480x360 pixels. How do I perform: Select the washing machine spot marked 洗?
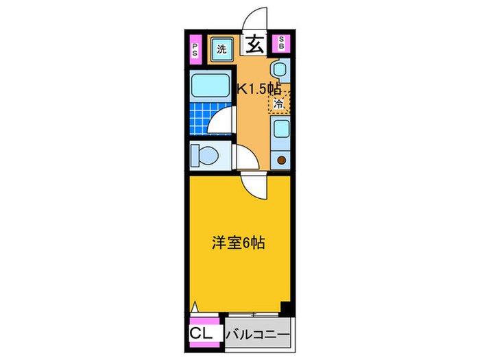pyautogui.click(x=222, y=49)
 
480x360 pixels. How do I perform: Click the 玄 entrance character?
pyautogui.click(x=254, y=46)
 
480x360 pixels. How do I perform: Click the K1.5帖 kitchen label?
pyautogui.click(x=259, y=88)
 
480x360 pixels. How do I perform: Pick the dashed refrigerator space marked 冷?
pyautogui.click(x=279, y=104)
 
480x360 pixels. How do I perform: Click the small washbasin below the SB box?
pyautogui.click(x=279, y=69)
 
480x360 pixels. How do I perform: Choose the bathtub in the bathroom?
pyautogui.click(x=211, y=86)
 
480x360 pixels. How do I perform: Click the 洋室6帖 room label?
pyautogui.click(x=237, y=242)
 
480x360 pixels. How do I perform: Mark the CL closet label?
pyautogui.click(x=202, y=333)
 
